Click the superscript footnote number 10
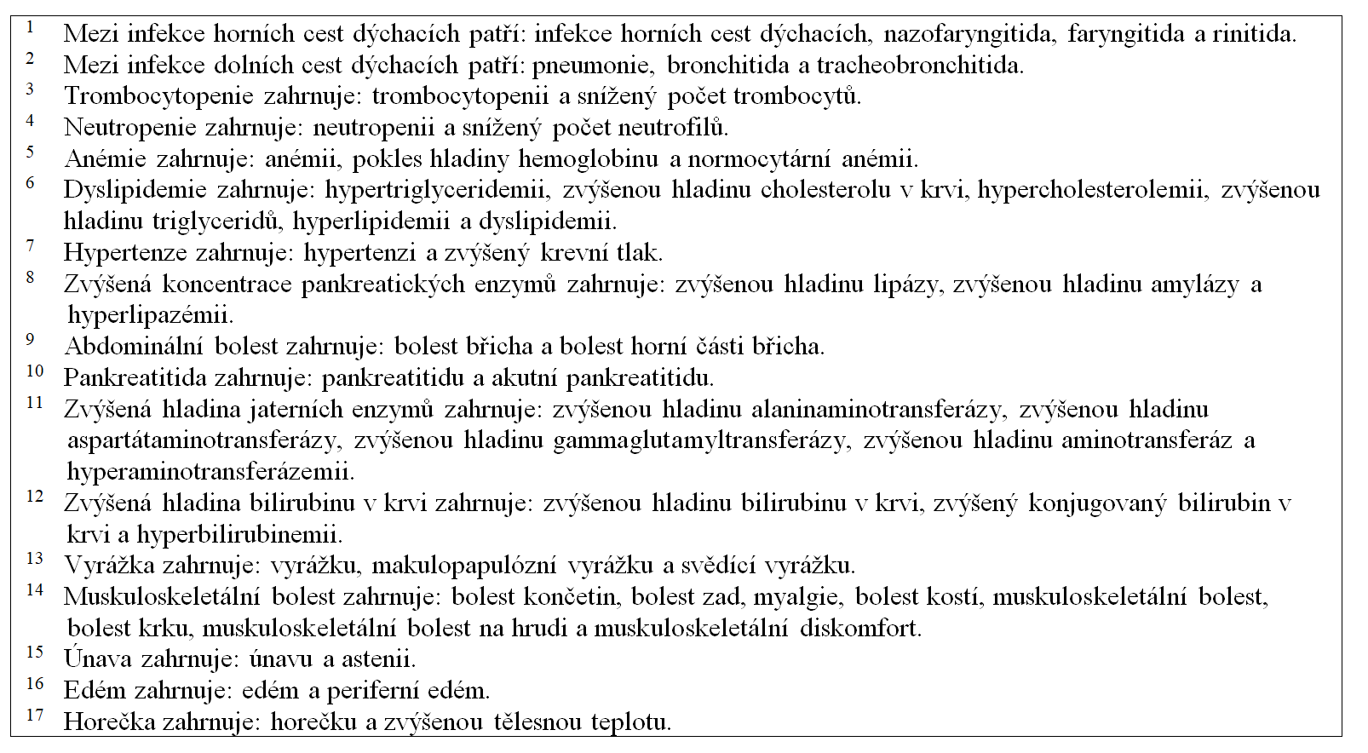[34, 371]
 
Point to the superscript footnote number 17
[34, 715]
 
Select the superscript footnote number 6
[31, 182]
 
